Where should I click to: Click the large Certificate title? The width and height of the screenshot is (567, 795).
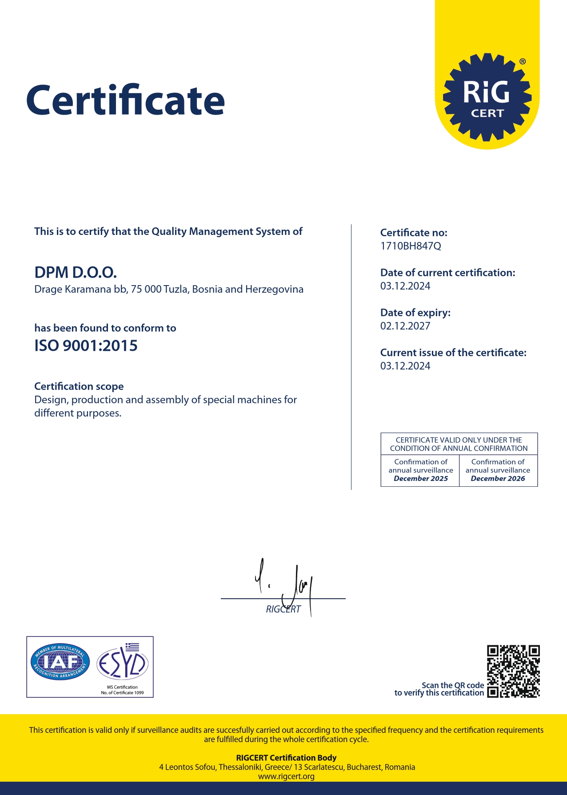125,100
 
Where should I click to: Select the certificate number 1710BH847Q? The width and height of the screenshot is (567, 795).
411,246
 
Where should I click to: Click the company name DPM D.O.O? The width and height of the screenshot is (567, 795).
76,272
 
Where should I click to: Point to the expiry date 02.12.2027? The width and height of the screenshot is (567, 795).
405,326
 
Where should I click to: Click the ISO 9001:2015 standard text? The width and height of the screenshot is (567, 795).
86,346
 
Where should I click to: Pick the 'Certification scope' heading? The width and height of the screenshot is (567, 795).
79,386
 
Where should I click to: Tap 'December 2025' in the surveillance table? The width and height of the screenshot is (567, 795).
421,479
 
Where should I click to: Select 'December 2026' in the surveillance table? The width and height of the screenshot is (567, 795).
498,479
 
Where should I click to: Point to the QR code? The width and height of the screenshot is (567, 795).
513,671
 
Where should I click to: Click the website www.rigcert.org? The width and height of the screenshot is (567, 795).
286,776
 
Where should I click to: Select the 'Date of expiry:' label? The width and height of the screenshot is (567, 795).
415,313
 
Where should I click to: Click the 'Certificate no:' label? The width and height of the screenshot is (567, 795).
414,233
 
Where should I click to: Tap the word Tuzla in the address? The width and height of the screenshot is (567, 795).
176,290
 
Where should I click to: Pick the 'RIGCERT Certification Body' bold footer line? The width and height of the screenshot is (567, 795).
286,758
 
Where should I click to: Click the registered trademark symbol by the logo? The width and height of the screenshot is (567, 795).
523,62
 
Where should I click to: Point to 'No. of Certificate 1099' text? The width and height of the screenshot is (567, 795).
122,693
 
